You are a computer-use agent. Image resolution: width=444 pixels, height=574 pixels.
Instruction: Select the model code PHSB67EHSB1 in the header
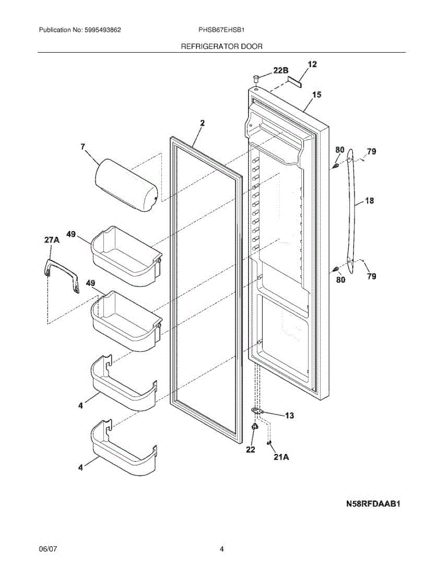(x=222, y=30)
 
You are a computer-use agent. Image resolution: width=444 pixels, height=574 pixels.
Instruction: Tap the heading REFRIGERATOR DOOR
(x=221, y=46)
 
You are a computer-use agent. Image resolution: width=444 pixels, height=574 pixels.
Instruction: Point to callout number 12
(x=312, y=64)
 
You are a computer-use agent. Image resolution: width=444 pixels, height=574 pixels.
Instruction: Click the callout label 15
(x=316, y=95)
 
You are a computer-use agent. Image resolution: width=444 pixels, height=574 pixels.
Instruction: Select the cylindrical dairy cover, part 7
(x=127, y=185)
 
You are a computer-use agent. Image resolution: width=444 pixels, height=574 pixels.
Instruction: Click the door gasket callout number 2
(x=202, y=123)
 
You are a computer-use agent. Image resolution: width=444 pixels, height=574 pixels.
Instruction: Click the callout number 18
(x=369, y=201)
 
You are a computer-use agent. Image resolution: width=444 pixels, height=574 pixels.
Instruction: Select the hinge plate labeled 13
(x=258, y=411)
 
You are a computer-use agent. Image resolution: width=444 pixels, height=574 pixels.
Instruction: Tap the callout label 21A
(x=281, y=457)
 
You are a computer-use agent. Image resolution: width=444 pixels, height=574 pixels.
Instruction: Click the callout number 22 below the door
(x=250, y=450)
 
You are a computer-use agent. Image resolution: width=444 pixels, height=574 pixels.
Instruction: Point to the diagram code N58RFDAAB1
(x=373, y=504)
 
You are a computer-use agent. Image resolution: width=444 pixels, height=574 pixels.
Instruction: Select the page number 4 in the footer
(x=222, y=549)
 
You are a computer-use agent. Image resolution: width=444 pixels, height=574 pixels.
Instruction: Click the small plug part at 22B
(x=257, y=78)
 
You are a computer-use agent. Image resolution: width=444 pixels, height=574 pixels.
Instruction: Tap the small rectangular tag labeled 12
(x=295, y=81)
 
